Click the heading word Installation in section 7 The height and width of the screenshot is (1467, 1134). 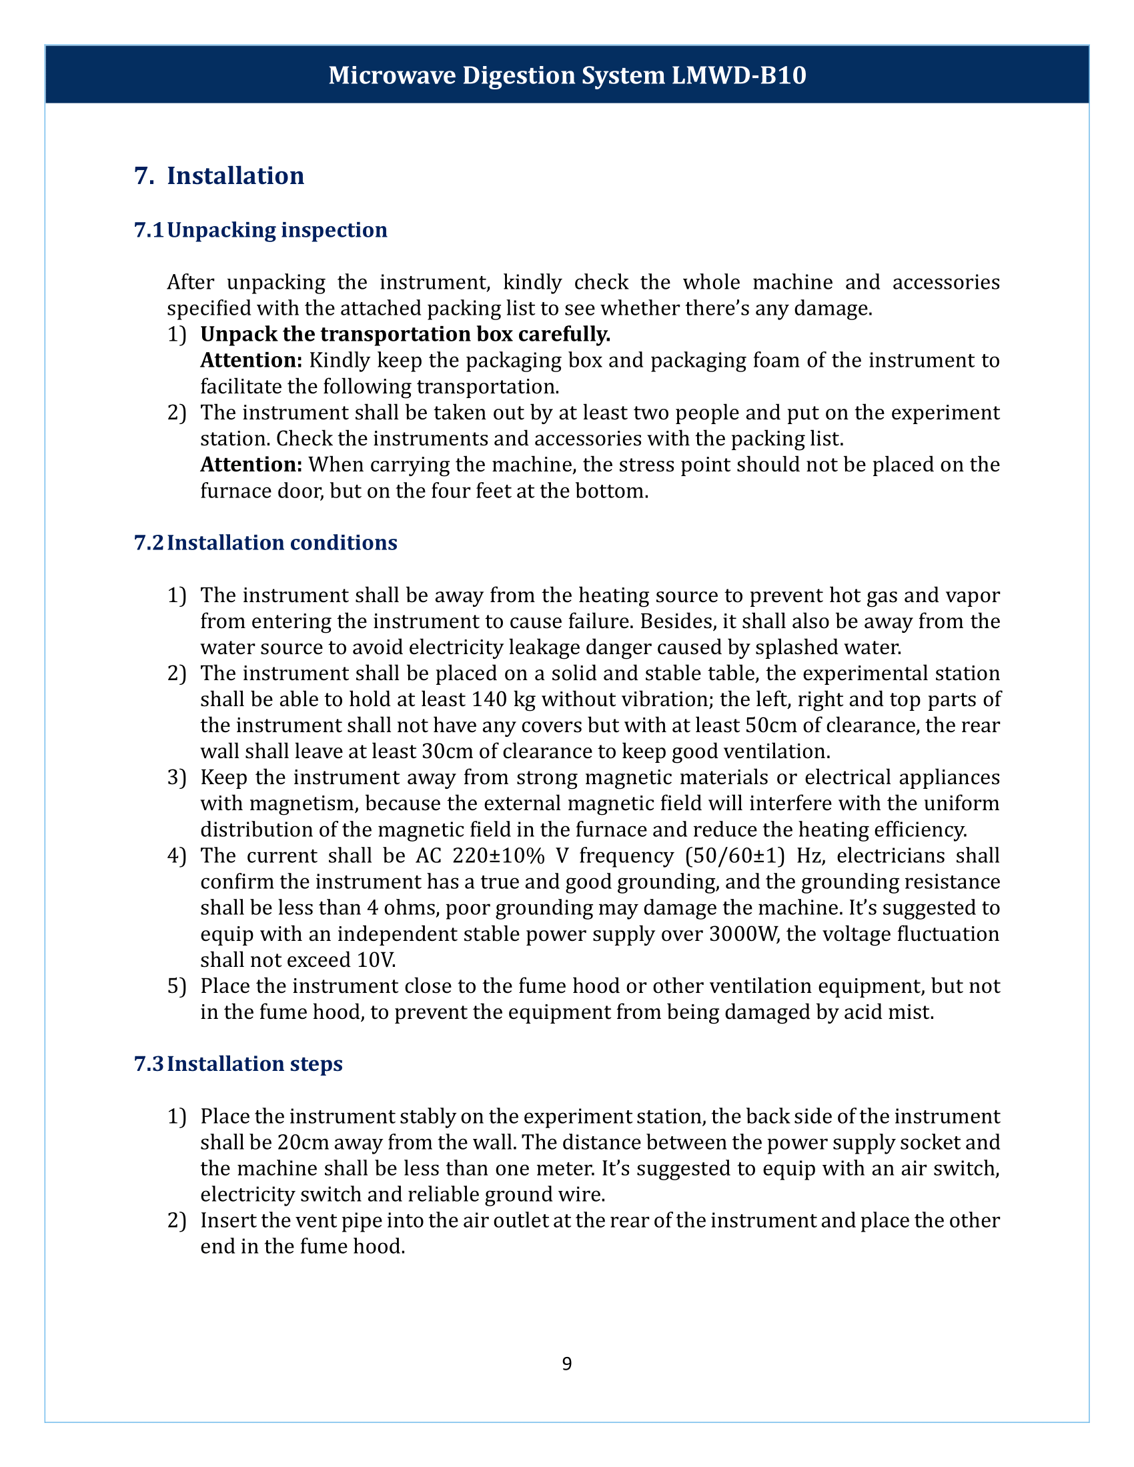(235, 175)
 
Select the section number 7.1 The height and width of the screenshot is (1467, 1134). (149, 230)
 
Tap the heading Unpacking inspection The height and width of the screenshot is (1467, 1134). (277, 230)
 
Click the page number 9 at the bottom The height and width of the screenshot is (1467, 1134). (566, 1363)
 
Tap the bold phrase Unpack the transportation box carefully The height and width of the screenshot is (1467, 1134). (405, 334)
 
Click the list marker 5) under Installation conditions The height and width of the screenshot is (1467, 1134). (176, 986)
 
